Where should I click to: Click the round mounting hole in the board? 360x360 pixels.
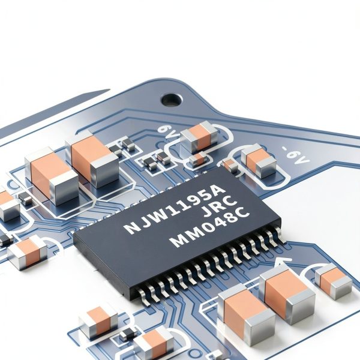pos(172,100)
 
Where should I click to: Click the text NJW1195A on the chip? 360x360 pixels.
pos(173,209)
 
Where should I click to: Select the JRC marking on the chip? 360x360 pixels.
pos(220,206)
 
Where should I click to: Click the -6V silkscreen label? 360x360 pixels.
pos(296,155)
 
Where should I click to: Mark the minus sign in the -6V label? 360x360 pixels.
pos(285,149)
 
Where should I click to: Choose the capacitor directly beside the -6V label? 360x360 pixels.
pos(259,160)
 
